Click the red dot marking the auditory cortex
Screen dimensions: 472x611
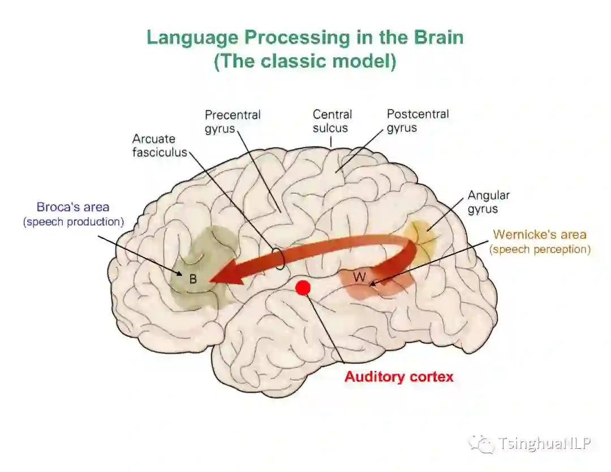303,287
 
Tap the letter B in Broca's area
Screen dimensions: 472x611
193,279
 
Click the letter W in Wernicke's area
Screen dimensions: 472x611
359,277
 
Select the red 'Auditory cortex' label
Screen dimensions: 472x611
399,376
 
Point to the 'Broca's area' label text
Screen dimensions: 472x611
73,207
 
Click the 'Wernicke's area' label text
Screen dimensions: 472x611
539,234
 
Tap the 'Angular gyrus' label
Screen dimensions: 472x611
488,202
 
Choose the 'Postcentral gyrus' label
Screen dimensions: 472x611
418,120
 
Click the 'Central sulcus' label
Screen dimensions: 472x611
332,121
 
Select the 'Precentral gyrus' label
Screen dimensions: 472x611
233,121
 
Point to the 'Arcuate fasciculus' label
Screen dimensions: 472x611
160,145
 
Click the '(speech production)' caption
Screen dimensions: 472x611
74,222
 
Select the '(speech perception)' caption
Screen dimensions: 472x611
540,249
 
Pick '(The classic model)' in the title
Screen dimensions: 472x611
305,61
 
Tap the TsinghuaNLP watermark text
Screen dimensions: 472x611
544,444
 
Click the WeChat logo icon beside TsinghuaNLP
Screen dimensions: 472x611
481,444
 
